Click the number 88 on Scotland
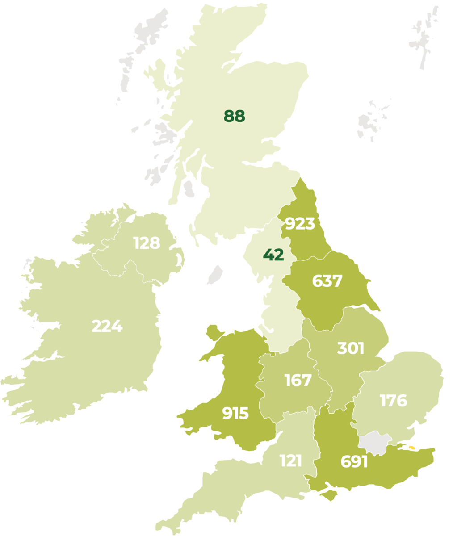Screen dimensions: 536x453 [x=235, y=116]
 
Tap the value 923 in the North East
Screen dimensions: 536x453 [x=300, y=223]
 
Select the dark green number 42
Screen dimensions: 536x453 [x=273, y=255]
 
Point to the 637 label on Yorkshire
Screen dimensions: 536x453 [x=327, y=281]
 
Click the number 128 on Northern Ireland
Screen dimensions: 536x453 [x=147, y=243]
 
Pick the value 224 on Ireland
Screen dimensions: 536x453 [x=107, y=326]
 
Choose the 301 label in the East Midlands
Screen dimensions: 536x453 [x=351, y=348]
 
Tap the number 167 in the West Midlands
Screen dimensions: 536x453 [x=298, y=380]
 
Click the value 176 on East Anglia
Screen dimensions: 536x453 [x=393, y=400]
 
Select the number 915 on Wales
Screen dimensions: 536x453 [x=235, y=413]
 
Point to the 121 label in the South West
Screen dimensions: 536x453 [x=290, y=460]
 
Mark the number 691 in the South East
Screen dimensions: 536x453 [x=354, y=461]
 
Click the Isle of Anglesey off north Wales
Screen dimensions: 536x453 [x=214, y=332]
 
